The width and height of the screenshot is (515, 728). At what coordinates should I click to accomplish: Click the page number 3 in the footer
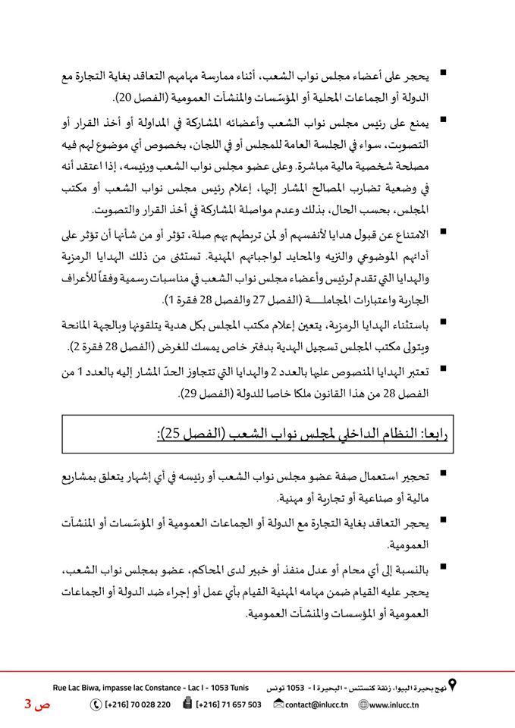28,704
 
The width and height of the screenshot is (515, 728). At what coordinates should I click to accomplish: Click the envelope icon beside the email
278,704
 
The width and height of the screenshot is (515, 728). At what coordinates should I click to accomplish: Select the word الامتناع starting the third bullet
406,231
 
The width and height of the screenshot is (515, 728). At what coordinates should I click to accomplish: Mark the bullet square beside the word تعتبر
442,369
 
